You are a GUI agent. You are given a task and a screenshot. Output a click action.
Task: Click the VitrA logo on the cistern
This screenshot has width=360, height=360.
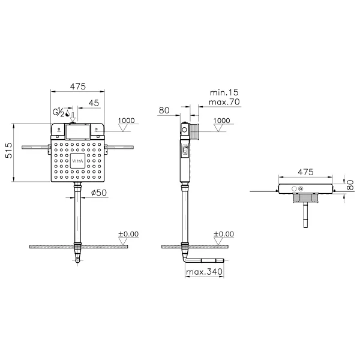[77, 161]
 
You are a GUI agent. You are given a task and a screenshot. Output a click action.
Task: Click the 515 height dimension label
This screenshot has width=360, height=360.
[9, 151]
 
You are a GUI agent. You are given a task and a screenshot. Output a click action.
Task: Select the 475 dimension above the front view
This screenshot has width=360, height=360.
[78, 86]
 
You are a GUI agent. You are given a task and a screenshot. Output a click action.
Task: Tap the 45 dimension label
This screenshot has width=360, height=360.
[94, 103]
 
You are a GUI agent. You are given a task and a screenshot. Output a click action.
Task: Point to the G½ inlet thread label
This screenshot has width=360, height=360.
[59, 112]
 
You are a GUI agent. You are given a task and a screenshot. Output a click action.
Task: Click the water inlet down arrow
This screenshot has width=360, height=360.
[73, 117]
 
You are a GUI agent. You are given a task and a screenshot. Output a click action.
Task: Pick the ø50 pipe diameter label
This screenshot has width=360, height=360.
[99, 193]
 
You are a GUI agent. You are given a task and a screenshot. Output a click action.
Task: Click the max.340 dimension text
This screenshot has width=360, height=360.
[204, 272]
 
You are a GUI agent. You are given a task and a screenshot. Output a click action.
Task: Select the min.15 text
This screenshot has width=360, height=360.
[224, 92]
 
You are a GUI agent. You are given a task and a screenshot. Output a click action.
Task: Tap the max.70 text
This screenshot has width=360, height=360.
[224, 102]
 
